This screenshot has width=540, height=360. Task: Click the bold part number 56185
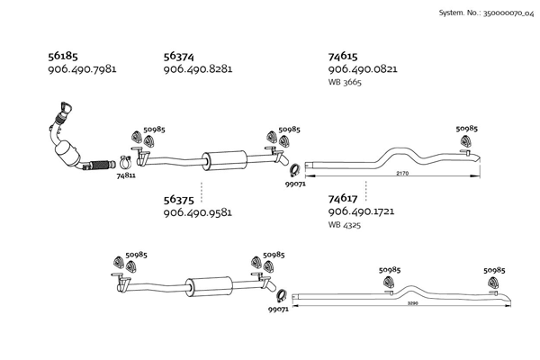63,56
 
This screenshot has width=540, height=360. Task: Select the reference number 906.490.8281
198,69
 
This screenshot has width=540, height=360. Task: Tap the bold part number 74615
343,56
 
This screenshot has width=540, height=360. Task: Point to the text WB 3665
345,82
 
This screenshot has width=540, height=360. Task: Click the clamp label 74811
126,175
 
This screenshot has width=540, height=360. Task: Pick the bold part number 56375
178,200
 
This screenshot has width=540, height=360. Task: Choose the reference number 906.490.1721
361,211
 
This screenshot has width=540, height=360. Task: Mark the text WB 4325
345,225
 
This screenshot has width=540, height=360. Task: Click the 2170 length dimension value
402,174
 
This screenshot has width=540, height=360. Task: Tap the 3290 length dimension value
412,303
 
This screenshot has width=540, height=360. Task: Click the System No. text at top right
486,13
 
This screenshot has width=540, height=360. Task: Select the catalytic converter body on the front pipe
67,154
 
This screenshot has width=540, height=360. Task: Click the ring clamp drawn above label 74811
125,161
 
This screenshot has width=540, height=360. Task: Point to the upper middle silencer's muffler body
224,160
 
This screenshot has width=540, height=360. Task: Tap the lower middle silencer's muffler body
209,285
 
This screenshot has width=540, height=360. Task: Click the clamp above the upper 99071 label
294,170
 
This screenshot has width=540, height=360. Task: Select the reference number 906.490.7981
82,69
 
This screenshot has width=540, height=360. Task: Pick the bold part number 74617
343,199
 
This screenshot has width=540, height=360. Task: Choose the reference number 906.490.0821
363,69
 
